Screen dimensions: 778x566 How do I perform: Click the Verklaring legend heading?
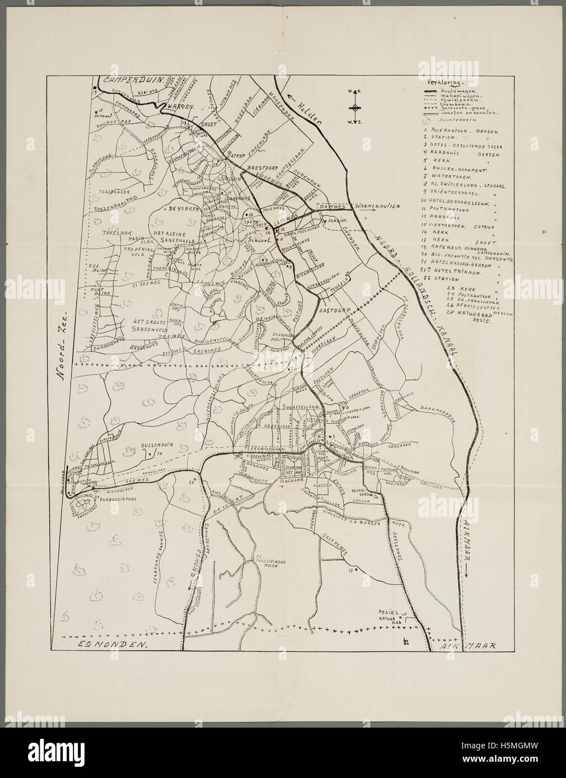point(440,79)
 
